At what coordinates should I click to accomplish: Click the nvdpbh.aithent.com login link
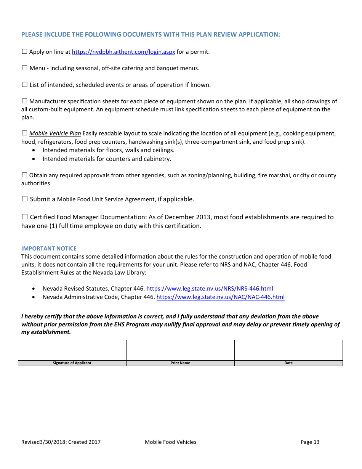(123, 52)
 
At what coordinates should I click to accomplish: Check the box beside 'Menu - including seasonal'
(25, 68)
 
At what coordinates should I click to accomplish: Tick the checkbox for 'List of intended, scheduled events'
(25, 85)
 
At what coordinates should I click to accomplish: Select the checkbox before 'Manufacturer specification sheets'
(25, 101)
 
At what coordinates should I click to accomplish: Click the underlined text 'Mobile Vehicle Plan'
(55, 133)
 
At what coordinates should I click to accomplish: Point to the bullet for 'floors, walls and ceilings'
(35, 150)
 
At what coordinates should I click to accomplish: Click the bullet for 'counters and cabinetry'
(35, 159)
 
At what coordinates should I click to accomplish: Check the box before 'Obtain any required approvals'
(25, 175)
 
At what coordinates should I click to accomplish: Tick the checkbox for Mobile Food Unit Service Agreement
(25, 199)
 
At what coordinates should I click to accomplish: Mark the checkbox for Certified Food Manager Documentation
(25, 217)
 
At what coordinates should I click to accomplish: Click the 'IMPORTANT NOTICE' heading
(49, 249)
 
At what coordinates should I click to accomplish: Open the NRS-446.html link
(210, 289)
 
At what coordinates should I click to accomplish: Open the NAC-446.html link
(220, 297)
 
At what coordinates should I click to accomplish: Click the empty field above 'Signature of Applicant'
(72, 350)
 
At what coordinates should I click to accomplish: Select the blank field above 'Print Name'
(180, 350)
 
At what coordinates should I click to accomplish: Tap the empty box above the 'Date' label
(288, 350)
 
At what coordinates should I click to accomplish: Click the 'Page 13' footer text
(310, 442)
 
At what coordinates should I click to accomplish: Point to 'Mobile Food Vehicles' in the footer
(170, 442)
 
